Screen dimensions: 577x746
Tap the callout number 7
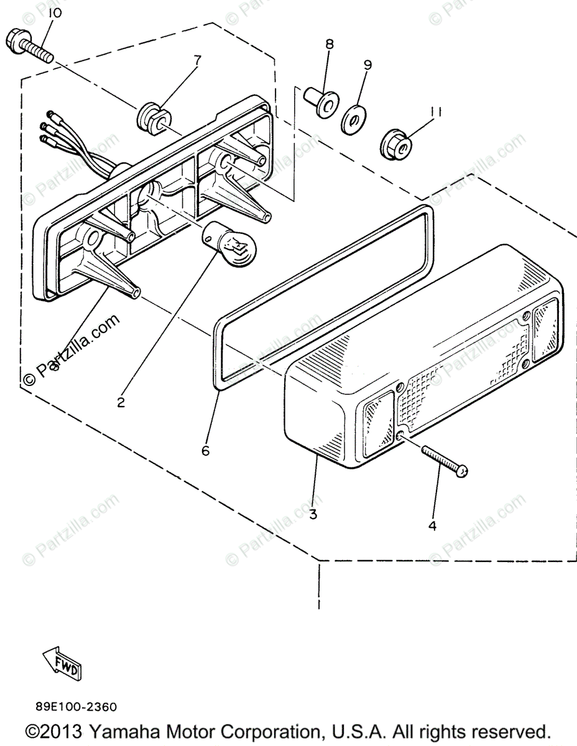click(197, 60)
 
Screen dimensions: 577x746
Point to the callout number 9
click(367, 64)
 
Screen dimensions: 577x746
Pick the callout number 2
click(121, 402)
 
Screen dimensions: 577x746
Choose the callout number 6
click(205, 451)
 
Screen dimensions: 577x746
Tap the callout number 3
click(313, 514)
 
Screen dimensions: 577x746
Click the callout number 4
click(432, 525)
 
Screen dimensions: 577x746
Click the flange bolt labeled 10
click(29, 46)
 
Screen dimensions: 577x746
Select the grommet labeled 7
click(153, 116)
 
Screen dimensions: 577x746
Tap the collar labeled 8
click(322, 103)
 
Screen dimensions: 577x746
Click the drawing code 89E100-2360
click(75, 707)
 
